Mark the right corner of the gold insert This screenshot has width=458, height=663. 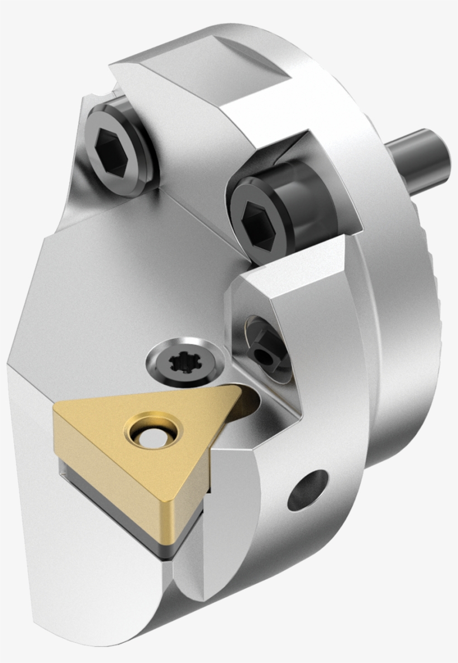237,391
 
